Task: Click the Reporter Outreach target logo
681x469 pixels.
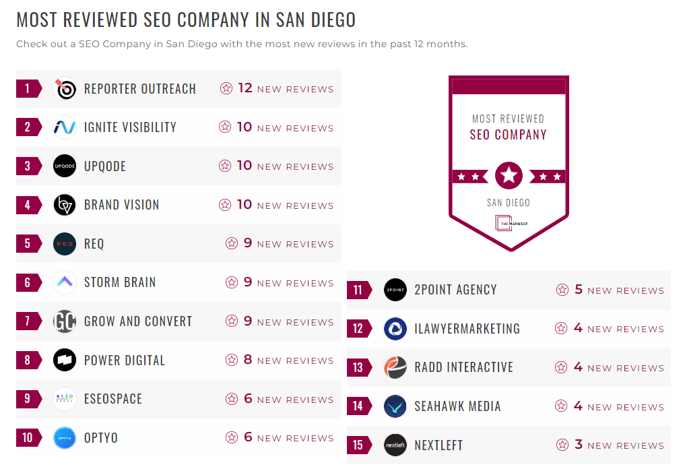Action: tap(65, 89)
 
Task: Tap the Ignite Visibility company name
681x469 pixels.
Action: tap(130, 127)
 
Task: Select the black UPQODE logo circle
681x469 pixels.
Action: tap(65, 166)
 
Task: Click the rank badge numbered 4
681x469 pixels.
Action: tap(28, 205)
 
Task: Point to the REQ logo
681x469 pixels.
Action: tap(65, 244)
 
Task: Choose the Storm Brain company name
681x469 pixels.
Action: tap(120, 282)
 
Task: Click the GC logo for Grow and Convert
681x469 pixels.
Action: tap(65, 321)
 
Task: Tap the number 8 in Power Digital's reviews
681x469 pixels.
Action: tap(248, 360)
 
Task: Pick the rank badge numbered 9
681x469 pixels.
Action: tap(28, 399)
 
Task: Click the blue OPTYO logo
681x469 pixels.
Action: tap(65, 438)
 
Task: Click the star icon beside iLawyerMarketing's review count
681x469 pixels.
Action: tap(560, 329)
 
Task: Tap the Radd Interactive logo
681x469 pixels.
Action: tap(395, 367)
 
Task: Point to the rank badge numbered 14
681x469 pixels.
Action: tap(358, 406)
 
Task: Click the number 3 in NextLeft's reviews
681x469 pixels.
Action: tap(579, 445)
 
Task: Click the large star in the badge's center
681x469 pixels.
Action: tap(509, 176)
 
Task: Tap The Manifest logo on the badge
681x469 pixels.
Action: tap(511, 222)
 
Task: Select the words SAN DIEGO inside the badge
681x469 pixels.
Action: tap(509, 203)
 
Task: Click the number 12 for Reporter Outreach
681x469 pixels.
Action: tap(245, 88)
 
